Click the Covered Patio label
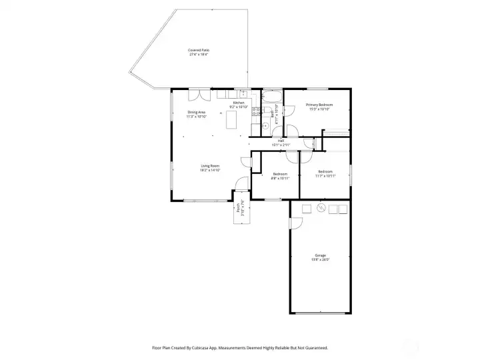pyautogui.click(x=199, y=50)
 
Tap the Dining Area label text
pyautogui.click(x=196, y=112)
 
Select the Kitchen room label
pyautogui.click(x=239, y=103)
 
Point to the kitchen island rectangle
pyautogui.click(x=232, y=120)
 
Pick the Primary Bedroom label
pyautogui.click(x=319, y=105)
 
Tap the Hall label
pyautogui.click(x=281, y=141)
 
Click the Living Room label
pyautogui.click(x=211, y=166)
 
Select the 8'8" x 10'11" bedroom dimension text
pyautogui.click(x=280, y=179)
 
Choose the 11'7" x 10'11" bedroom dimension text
pyautogui.click(x=325, y=176)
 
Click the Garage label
pyautogui.click(x=321, y=255)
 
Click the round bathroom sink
pyautogui.click(x=265, y=124)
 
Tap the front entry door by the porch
pyautogui.click(x=237, y=197)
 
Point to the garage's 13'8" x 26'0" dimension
pyautogui.click(x=321, y=259)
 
